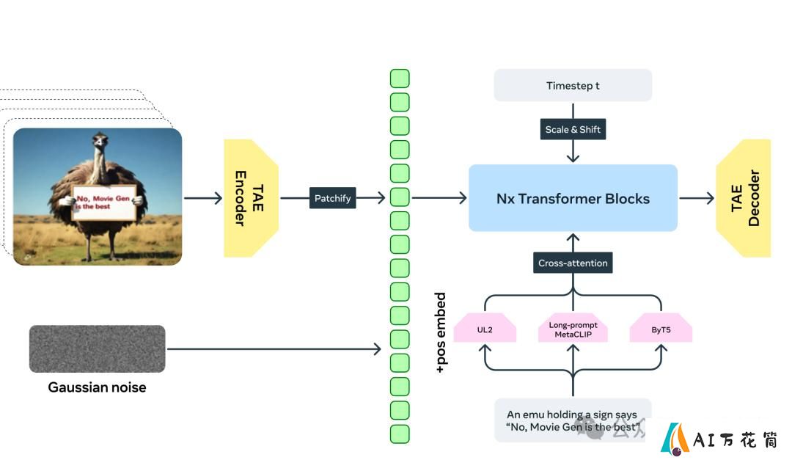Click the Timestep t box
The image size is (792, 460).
(573, 85)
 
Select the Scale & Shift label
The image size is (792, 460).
(573, 129)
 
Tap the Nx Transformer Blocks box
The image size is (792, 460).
(573, 198)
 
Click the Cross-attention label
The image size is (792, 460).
(573, 263)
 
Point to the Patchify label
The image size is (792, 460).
(332, 198)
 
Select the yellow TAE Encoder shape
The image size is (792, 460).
(251, 198)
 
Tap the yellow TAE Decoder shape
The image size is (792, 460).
(744, 198)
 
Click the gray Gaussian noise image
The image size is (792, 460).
(97, 348)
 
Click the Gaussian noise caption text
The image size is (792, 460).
(97, 387)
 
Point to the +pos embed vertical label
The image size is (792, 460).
(441, 332)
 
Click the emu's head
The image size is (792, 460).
(100, 140)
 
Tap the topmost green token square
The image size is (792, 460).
(400, 79)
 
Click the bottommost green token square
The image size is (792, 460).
(400, 434)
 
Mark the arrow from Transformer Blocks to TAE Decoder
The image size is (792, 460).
(697, 198)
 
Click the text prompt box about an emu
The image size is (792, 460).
(573, 420)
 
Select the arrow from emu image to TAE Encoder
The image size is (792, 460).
(203, 198)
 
